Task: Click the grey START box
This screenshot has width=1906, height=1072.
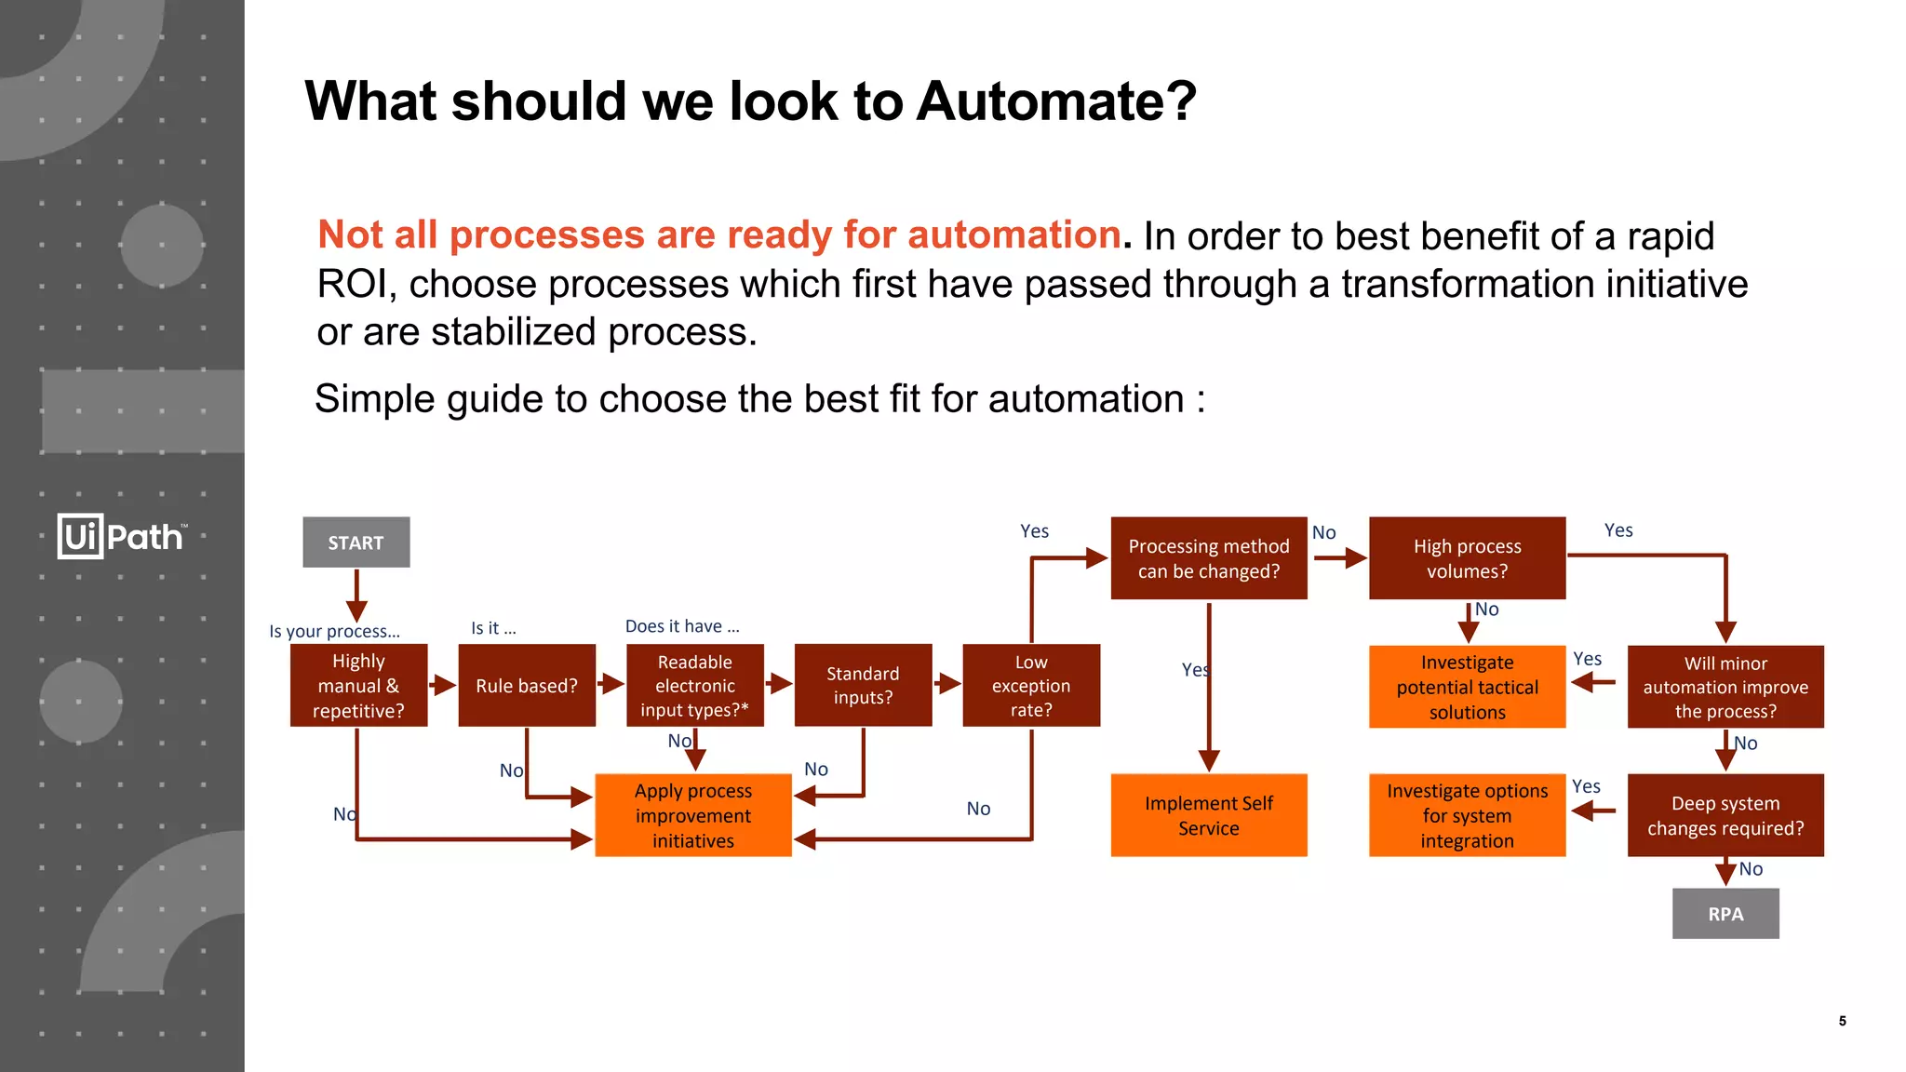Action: pos(356,543)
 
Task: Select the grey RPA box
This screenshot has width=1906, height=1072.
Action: pos(1725,914)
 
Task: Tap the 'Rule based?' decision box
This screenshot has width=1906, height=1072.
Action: pos(527,686)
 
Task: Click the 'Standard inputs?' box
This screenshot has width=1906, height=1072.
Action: pos(863,686)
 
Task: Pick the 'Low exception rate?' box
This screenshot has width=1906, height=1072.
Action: pos(1031,686)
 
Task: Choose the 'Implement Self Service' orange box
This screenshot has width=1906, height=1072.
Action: pos(1208,815)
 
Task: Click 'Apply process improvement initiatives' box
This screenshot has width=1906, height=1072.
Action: pos(693,815)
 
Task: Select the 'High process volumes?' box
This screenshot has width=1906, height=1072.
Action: pos(1467,558)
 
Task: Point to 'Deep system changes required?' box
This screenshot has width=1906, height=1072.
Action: pos(1725,815)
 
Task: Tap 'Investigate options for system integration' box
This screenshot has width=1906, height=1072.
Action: pos(1467,815)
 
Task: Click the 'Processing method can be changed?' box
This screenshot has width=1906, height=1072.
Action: pos(1208,558)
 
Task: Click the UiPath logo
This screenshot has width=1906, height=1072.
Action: pos(121,537)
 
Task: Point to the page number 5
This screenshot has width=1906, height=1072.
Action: pos(1842,1021)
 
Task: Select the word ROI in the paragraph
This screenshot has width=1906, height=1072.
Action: pos(350,285)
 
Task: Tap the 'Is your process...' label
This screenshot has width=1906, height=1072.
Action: pos(334,631)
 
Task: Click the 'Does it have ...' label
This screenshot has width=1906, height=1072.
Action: pos(682,626)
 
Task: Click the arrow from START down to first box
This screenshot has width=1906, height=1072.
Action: pos(356,596)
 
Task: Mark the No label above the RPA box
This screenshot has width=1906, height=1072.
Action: pos(1751,869)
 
